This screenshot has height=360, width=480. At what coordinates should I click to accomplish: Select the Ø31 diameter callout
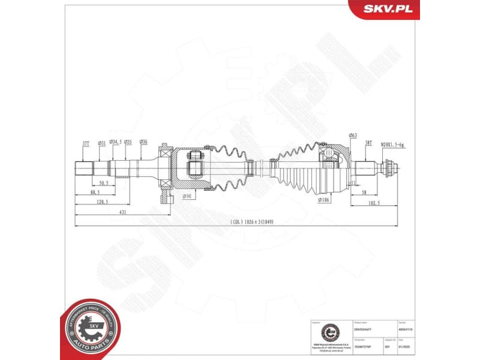101,142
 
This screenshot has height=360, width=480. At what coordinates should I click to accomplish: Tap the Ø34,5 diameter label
115,142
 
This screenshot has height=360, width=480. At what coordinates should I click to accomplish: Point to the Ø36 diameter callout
143,142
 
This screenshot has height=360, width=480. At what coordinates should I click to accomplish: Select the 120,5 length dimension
101,202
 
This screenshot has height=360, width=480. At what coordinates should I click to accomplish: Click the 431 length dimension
122,212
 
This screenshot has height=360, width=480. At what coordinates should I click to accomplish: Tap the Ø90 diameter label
186,196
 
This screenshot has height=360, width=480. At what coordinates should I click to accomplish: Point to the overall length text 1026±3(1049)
256,222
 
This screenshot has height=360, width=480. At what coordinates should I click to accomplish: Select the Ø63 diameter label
352,136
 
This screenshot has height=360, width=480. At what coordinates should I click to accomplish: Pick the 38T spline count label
368,143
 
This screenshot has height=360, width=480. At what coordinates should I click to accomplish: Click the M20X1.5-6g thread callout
393,144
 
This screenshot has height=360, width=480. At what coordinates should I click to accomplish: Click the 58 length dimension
364,192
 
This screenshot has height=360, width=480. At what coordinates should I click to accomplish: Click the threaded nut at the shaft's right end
388,168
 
